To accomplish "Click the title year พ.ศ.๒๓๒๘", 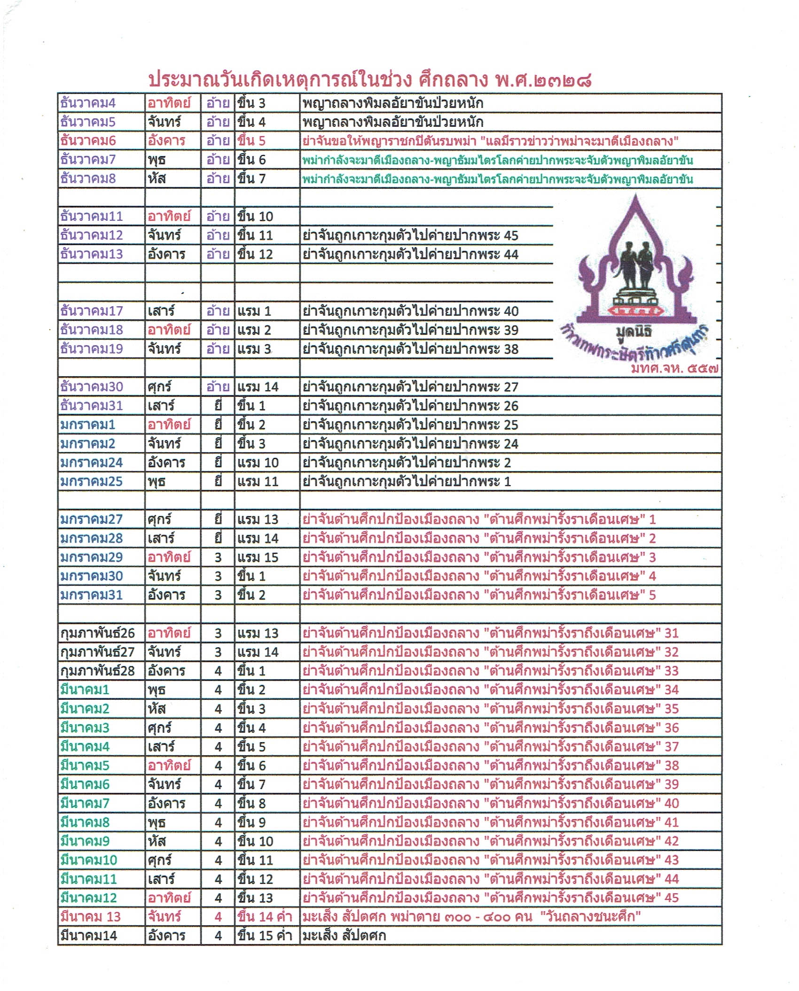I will click(543, 80).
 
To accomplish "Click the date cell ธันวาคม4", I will click(88, 103).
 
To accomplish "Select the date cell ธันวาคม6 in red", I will click(88, 140).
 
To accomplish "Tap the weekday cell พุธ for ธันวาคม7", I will click(157, 160).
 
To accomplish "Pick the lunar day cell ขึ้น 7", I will click(251, 179).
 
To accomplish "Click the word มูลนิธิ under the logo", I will click(634, 332).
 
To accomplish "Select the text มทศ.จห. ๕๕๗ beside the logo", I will click(674, 369).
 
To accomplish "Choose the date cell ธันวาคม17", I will click(91, 311).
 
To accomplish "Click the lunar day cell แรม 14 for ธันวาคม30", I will click(258, 387).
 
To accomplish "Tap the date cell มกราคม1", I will click(88, 425).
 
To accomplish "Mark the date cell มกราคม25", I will click(91, 481).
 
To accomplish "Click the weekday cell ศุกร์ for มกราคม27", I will click(160, 519).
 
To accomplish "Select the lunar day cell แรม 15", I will click(258, 557).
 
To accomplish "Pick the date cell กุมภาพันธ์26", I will click(97, 633).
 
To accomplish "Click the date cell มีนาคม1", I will click(85, 690).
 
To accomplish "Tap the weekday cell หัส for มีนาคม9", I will click(157, 841).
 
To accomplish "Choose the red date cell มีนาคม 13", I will click(90, 917).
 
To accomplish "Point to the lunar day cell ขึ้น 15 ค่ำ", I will click(265, 936).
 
